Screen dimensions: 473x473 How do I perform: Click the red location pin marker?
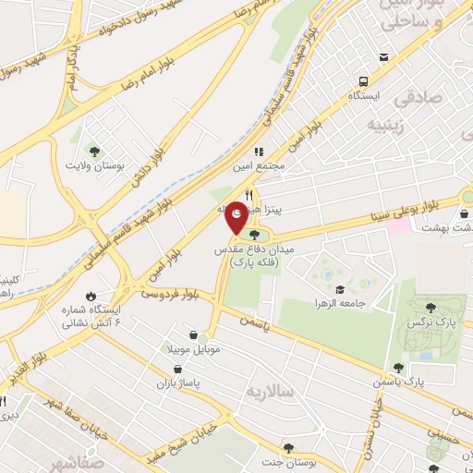(236, 216)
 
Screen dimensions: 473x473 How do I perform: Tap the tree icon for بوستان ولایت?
(92, 150)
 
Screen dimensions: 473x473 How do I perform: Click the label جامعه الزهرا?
(342, 303)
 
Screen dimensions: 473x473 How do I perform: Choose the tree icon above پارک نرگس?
(431, 308)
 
